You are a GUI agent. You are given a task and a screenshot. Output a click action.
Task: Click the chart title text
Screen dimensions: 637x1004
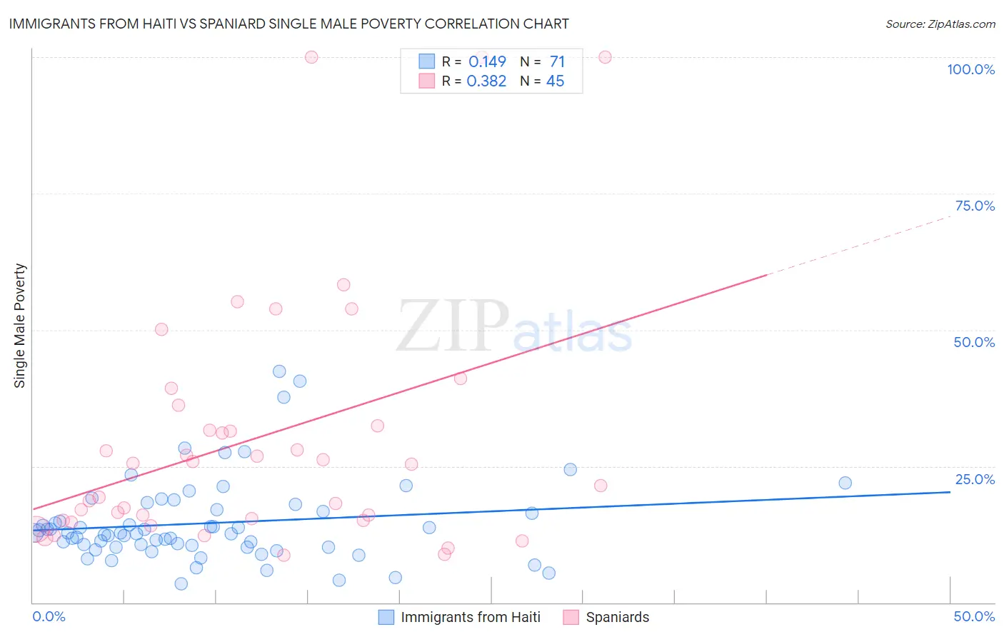click(288, 24)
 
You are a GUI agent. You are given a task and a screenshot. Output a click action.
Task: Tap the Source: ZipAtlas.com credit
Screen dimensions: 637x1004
click(940, 24)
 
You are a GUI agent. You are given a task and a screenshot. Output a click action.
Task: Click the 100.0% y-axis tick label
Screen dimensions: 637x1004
click(970, 69)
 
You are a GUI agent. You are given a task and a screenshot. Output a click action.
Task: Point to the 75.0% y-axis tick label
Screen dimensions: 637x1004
click(975, 206)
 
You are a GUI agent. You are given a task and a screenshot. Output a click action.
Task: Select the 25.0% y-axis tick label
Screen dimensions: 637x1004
click(975, 478)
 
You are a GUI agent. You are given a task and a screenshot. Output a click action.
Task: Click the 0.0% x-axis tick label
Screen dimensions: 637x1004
click(49, 616)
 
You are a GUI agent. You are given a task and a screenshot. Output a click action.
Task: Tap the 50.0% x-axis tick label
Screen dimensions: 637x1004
click(974, 616)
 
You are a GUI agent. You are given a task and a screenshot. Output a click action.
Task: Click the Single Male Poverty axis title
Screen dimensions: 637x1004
click(20, 326)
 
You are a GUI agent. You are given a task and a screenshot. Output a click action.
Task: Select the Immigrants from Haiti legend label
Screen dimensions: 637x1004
click(470, 617)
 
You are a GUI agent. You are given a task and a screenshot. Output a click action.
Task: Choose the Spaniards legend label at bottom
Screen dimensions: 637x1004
click(618, 617)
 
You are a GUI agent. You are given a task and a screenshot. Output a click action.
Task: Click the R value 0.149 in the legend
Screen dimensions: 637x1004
click(487, 62)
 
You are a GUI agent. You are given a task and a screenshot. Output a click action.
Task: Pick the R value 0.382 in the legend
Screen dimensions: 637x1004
click(486, 81)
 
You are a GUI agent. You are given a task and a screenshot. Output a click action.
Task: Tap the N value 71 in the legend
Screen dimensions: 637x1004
click(557, 62)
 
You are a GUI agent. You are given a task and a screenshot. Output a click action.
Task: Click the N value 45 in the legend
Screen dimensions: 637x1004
click(555, 81)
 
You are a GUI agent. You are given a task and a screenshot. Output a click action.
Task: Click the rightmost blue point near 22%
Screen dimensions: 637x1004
click(845, 483)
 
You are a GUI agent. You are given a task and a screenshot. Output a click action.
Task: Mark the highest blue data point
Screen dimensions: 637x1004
click(279, 371)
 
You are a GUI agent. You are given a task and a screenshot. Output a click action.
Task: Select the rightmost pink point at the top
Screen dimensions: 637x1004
click(605, 57)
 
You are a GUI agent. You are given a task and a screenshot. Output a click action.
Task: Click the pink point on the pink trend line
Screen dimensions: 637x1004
click(461, 378)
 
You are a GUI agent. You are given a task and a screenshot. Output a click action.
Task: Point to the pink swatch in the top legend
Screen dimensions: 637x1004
click(426, 81)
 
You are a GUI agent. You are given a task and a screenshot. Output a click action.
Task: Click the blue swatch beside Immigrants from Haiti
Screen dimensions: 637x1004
click(386, 617)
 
